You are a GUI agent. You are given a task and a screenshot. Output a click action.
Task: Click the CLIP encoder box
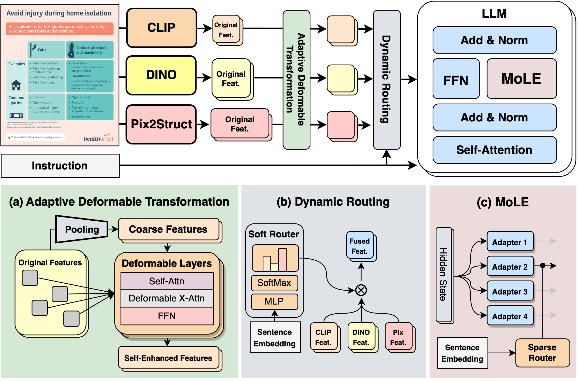[x=161, y=28]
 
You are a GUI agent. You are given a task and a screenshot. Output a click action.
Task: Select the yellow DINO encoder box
[x=161, y=75]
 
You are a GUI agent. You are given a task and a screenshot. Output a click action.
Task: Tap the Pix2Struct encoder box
[x=161, y=124]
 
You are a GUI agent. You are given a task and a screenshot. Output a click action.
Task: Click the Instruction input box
[x=60, y=166]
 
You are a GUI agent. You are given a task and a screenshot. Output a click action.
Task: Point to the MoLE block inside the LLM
[x=521, y=79]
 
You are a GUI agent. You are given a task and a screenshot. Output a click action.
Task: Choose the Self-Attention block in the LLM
[x=494, y=150]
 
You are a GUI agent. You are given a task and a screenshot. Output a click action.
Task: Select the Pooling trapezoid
[x=82, y=229]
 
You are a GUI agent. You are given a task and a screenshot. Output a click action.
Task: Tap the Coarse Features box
[x=168, y=229]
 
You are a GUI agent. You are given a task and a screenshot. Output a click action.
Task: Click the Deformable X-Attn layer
[x=167, y=298]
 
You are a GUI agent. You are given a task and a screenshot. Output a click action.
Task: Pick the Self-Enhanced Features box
[x=168, y=358]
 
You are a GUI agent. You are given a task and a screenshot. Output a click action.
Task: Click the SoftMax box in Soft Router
[x=274, y=283]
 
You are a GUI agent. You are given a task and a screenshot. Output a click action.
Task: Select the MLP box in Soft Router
[x=274, y=301]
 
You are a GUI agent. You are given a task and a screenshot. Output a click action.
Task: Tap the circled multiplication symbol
[x=361, y=290]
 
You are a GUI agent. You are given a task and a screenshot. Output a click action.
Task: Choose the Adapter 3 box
[x=510, y=291]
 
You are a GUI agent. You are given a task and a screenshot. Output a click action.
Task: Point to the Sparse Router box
[x=542, y=353]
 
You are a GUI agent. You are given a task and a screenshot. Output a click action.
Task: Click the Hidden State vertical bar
[x=443, y=274]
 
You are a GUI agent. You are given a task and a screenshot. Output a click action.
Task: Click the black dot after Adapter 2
[x=543, y=266]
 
